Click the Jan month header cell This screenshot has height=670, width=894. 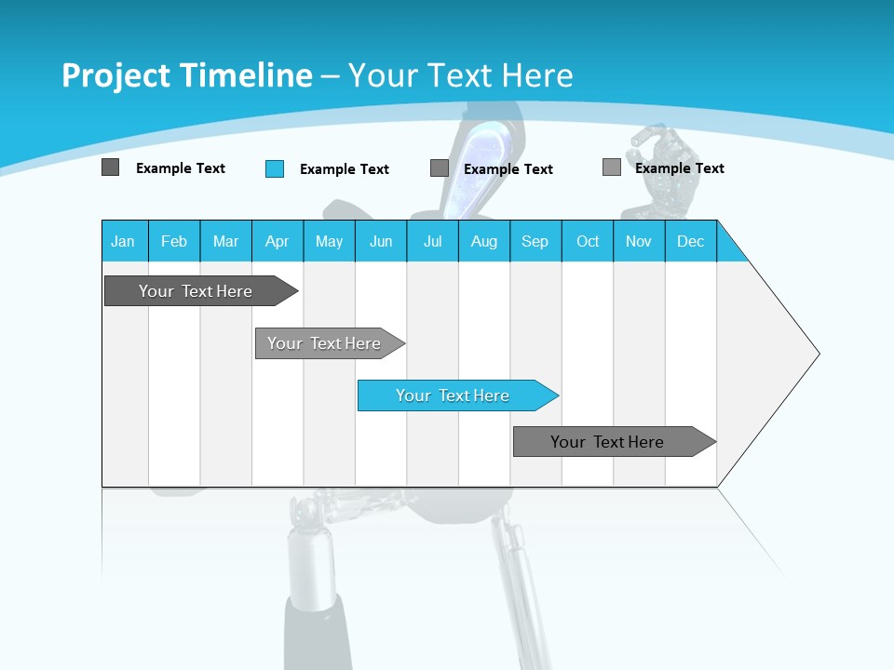coord(124,241)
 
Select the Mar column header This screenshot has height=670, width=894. coord(225,241)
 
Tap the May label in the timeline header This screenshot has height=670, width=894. coord(329,241)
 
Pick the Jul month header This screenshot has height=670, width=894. coord(432,241)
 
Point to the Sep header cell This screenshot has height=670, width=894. coord(535,241)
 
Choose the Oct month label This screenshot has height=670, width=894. coord(588,241)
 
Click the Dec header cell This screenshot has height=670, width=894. coord(690,241)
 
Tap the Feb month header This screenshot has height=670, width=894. coord(174,241)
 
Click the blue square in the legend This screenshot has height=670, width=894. coord(275,168)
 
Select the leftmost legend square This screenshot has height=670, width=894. coord(110,167)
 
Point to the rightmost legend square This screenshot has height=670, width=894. coord(612,167)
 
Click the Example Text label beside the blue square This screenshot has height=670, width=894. coord(345,169)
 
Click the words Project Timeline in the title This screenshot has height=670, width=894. coord(186,75)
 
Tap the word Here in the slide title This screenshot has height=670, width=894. coord(537,75)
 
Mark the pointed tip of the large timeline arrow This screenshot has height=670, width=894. coord(817,354)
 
